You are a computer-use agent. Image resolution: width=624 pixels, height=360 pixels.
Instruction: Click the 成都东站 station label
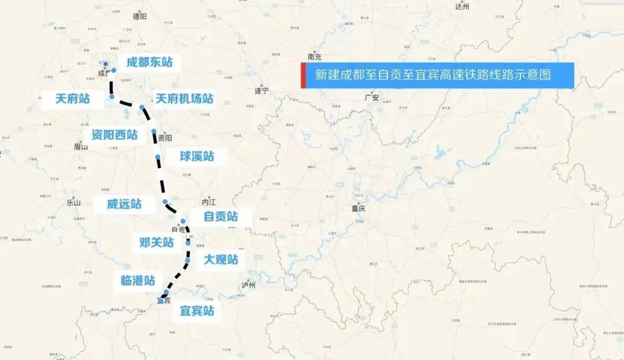(149, 62)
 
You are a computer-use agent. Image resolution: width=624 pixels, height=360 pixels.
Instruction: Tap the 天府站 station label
(73, 99)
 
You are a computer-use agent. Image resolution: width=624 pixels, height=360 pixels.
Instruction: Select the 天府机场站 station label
(185, 99)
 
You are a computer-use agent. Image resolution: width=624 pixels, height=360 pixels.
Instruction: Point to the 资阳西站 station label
(114, 135)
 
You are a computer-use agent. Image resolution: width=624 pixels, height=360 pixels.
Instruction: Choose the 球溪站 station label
(197, 156)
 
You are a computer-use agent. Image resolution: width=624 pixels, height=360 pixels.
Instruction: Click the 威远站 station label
(124, 204)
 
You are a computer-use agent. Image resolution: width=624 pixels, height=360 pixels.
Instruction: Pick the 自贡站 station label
(221, 217)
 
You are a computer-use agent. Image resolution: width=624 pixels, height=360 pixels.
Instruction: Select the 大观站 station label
(221, 259)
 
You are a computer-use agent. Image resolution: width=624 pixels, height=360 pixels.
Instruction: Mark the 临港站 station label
(138, 280)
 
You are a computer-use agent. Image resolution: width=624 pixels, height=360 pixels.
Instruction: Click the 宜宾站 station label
(196, 310)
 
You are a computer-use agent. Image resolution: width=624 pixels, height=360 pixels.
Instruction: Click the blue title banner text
(432, 75)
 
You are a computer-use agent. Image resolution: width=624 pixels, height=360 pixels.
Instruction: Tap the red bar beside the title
(303, 75)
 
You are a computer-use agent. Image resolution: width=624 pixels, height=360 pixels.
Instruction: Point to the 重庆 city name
(358, 208)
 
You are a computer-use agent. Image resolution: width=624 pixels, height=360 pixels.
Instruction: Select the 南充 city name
(315, 57)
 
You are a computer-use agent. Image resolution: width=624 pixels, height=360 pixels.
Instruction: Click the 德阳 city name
(140, 17)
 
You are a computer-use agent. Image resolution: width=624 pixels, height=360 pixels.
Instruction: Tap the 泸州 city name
(249, 285)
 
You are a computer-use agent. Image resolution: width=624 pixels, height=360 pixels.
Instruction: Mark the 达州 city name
(461, 7)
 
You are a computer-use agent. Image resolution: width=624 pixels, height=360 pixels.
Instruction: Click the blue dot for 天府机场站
(142, 107)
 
